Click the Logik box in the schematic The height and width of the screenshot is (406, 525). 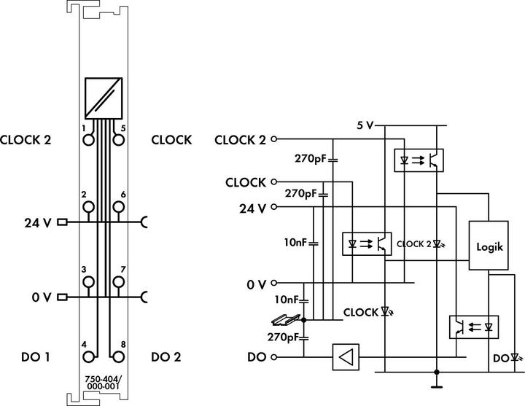[x=488, y=246]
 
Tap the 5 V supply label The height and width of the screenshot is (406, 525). [x=365, y=125]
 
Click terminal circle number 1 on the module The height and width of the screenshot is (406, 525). [x=89, y=141]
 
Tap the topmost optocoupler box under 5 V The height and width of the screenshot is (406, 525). [x=419, y=158]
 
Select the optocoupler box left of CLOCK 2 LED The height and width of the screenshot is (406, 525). [x=367, y=243]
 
